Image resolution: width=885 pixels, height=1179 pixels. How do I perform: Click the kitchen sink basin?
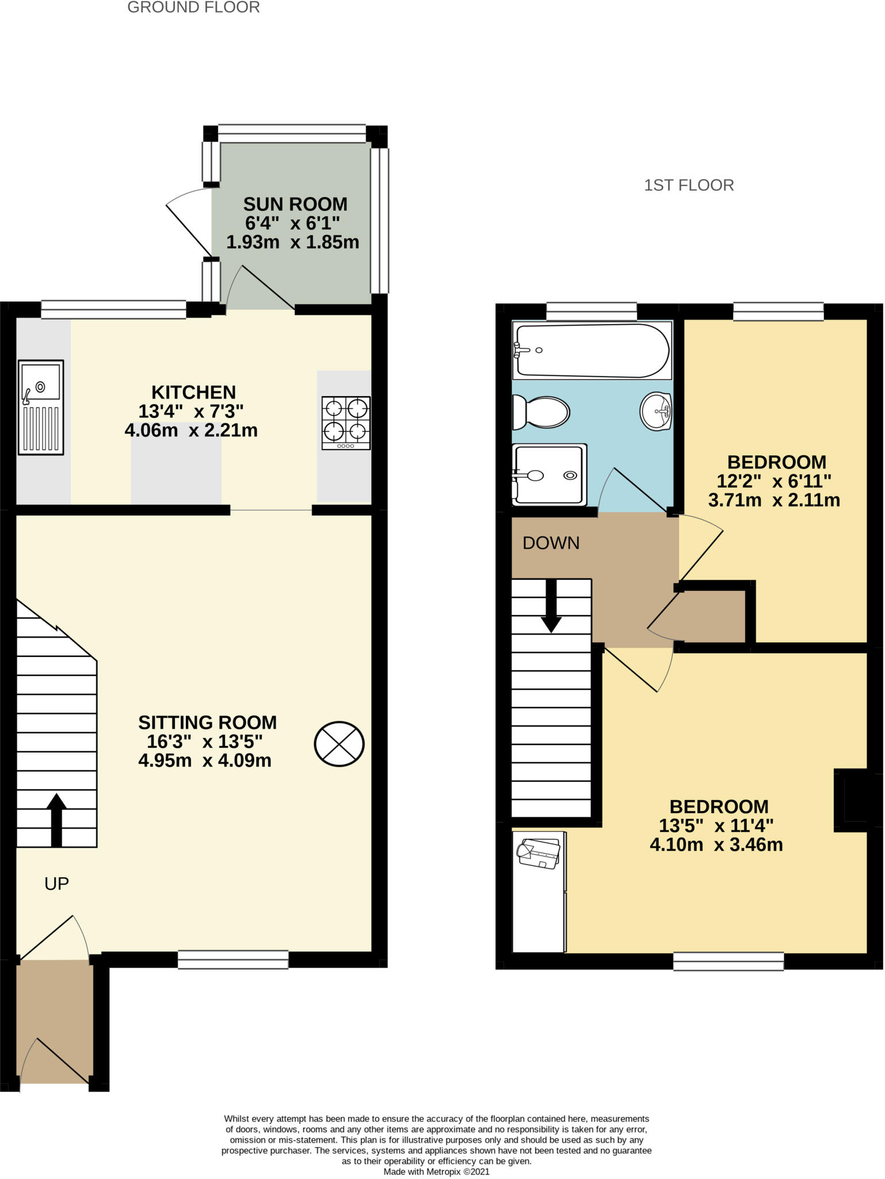click(x=41, y=381)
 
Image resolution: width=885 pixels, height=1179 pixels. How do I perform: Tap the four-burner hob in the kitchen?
click(x=346, y=423)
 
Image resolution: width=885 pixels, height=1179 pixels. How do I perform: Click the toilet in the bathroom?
click(x=541, y=412)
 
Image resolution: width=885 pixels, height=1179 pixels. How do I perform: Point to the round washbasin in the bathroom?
click(x=656, y=411)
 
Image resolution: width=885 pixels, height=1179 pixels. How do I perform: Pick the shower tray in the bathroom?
click(x=550, y=474)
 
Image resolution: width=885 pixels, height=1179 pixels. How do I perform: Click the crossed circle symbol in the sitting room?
click(x=339, y=744)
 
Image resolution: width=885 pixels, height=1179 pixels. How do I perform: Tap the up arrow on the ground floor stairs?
click(x=56, y=820)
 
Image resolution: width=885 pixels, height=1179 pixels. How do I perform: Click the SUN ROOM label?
click(x=295, y=204)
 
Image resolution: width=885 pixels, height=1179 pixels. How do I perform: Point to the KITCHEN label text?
click(x=193, y=392)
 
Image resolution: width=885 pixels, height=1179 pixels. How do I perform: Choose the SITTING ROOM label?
click(x=207, y=722)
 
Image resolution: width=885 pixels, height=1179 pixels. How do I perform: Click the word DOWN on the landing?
click(x=551, y=543)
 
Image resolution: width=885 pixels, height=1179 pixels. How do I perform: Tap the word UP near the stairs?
click(x=56, y=884)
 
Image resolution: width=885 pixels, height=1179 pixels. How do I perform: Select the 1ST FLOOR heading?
click(x=689, y=185)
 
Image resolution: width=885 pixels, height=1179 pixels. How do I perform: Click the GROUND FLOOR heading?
click(x=193, y=7)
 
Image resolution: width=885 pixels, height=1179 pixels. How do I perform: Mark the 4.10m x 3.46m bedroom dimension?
click(x=716, y=845)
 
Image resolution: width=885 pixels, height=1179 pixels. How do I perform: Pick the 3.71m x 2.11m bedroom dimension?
click(x=773, y=500)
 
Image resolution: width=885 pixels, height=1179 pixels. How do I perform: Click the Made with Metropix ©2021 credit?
click(x=436, y=1171)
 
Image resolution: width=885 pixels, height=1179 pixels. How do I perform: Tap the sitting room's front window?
click(x=233, y=960)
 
